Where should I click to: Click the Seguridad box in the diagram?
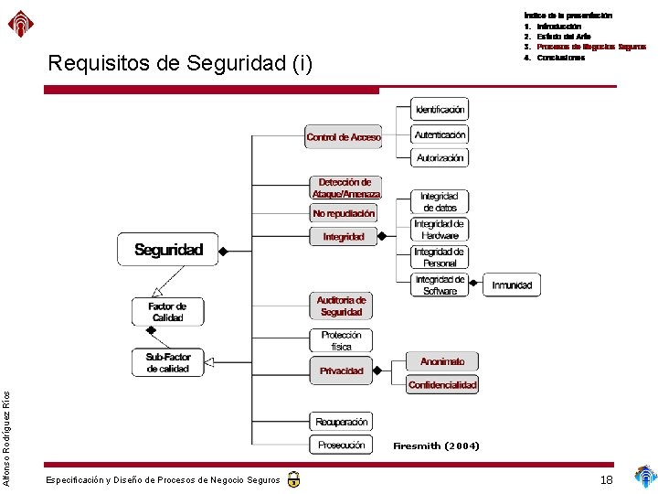click(x=168, y=250)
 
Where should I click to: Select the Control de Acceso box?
click(x=344, y=137)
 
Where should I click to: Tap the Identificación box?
click(x=440, y=109)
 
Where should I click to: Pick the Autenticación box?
click(x=440, y=134)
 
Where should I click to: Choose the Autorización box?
click(x=440, y=158)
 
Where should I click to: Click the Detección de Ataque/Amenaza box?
click(x=345, y=188)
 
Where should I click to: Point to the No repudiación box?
click(x=344, y=213)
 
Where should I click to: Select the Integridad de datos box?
click(x=440, y=202)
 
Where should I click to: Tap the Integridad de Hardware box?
click(x=440, y=230)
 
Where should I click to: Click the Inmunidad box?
click(x=512, y=285)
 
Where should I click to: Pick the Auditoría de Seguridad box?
click(x=342, y=306)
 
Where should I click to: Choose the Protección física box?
click(x=342, y=341)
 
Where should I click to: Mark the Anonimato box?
click(x=442, y=361)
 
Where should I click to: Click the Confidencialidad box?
click(x=442, y=385)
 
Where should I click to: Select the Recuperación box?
click(x=342, y=422)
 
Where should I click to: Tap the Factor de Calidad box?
click(x=167, y=313)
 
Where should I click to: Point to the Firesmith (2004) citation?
click(x=436, y=446)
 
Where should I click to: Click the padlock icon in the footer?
click(x=293, y=479)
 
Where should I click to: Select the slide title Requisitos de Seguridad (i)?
click(x=180, y=64)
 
